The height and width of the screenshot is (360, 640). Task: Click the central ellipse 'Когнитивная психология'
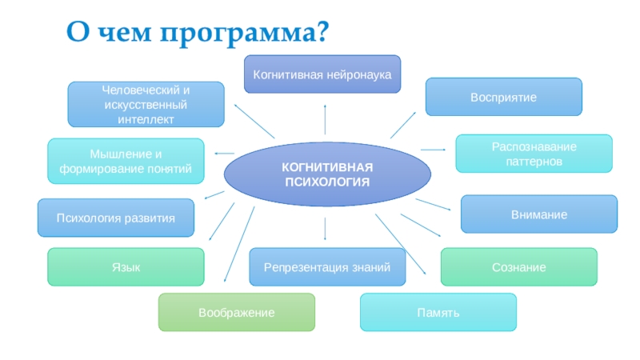(327, 174)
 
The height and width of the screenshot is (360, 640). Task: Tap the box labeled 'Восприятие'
(503, 97)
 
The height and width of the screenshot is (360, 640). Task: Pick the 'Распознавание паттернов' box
(534, 154)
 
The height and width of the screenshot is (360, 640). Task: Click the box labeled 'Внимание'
(539, 214)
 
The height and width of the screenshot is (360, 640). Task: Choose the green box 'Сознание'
(518, 267)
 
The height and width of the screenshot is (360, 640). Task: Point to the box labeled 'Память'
(438, 312)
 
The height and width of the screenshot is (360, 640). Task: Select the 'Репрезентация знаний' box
(327, 267)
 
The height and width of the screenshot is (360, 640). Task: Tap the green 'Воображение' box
(236, 312)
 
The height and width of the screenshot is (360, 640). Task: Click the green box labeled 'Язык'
(126, 267)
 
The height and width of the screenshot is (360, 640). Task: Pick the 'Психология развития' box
(115, 218)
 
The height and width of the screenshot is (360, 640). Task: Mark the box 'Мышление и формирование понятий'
(125, 161)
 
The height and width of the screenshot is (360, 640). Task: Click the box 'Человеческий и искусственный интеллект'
(145, 105)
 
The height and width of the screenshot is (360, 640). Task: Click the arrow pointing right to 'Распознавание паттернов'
(432, 149)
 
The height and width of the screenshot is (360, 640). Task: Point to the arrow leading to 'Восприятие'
(402, 125)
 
